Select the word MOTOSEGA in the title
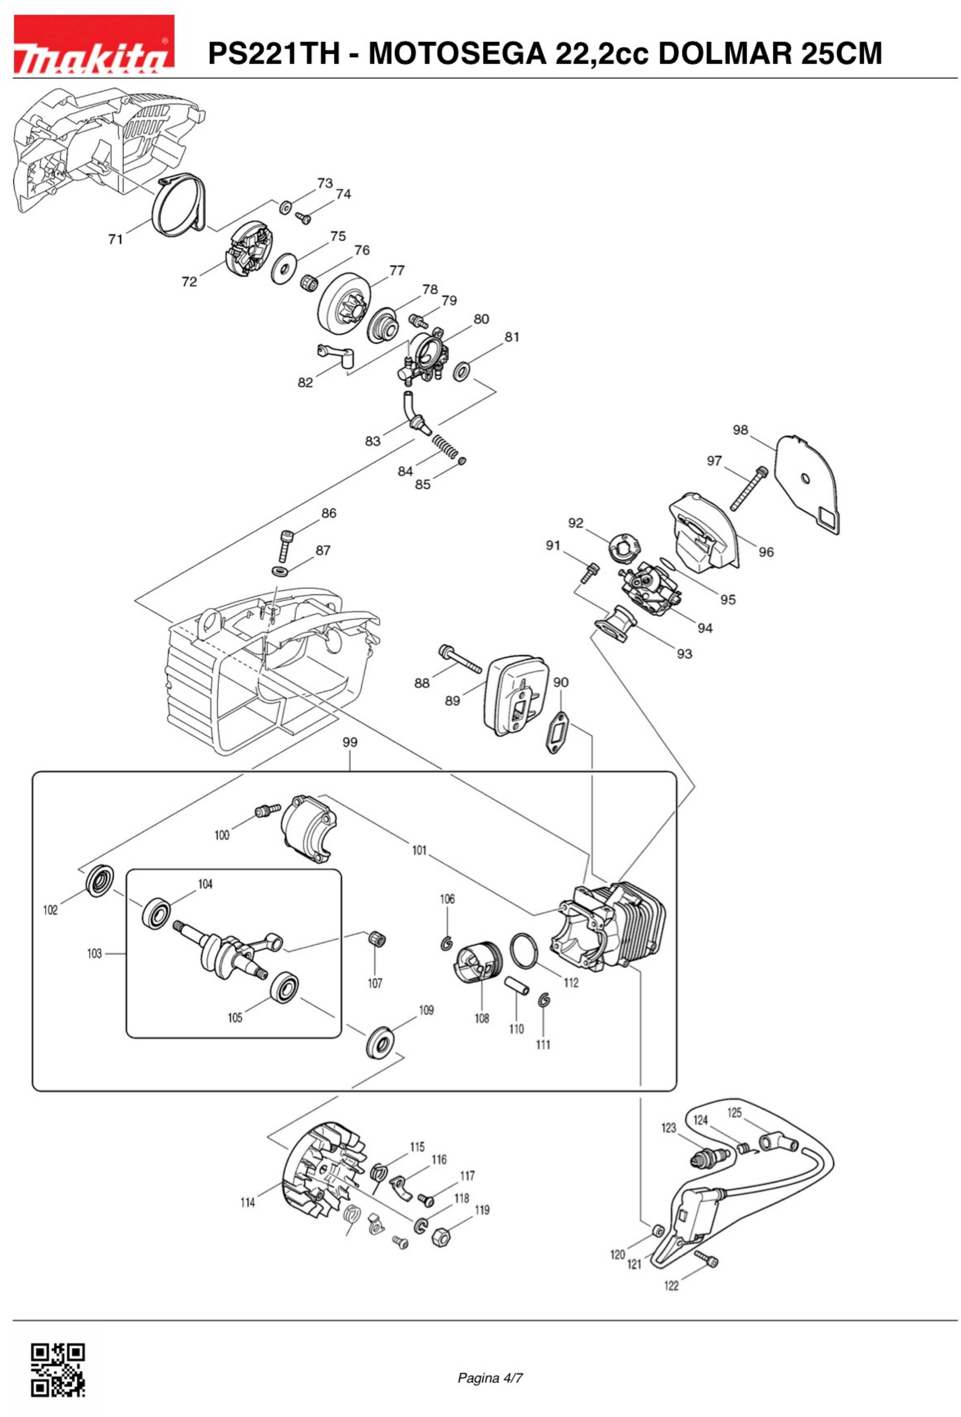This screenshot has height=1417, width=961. [x=457, y=54]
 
